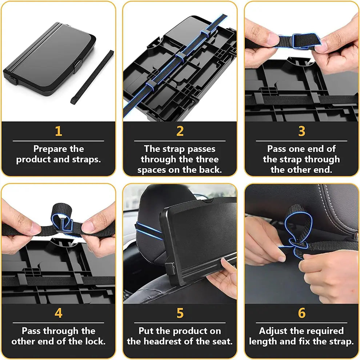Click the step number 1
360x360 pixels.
[58, 131]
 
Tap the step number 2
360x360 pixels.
[180, 131]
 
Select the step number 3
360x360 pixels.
[301, 131]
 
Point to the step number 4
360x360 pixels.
[58, 313]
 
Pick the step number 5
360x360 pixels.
[180, 313]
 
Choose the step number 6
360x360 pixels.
[301, 313]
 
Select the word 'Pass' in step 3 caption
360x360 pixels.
[277, 149]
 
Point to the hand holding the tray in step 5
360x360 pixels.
[224, 280]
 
